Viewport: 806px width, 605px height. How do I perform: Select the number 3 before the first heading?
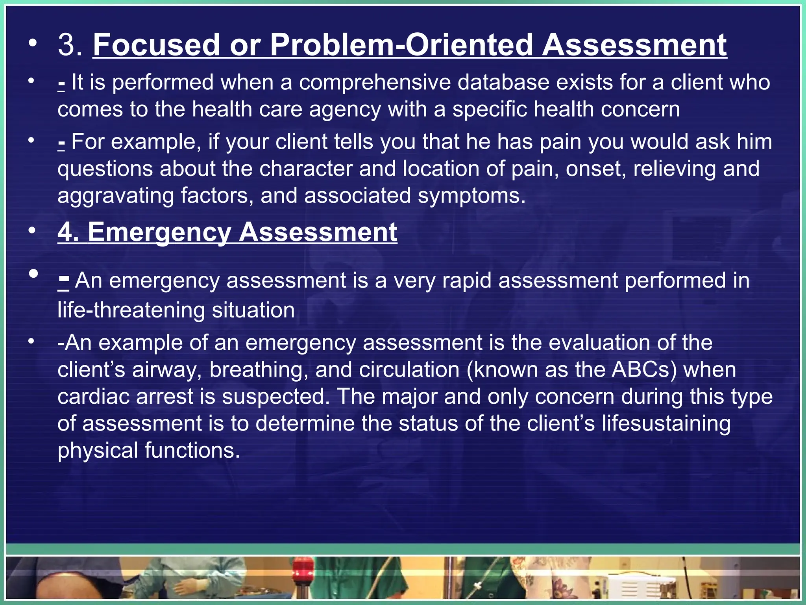pyautogui.click(x=67, y=45)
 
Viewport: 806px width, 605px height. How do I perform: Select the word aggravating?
pyautogui.click(x=115, y=196)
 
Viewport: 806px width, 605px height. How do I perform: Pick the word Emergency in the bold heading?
pyautogui.click(x=159, y=232)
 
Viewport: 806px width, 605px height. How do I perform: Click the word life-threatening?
pyautogui.click(x=131, y=310)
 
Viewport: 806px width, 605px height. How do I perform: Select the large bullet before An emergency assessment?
pyautogui.click(x=33, y=273)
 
